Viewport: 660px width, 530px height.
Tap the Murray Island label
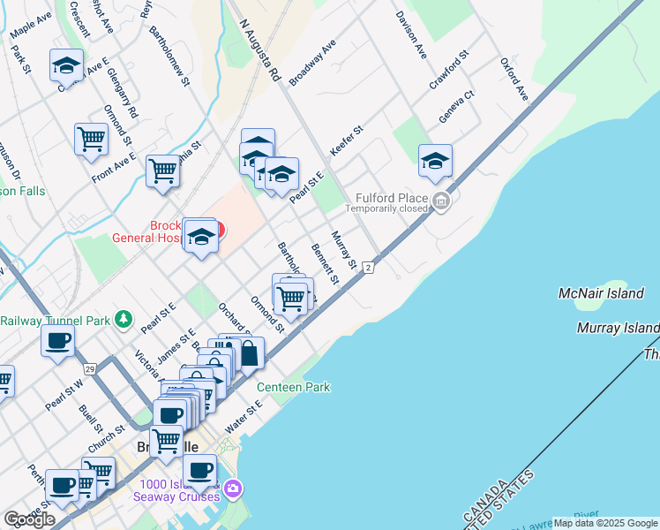(618, 329)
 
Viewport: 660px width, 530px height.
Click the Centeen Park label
(293, 387)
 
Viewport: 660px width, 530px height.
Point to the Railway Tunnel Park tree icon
(125, 319)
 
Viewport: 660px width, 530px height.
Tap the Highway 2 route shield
(368, 266)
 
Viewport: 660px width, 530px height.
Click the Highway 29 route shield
(90, 367)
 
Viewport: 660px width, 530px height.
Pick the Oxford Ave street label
(514, 79)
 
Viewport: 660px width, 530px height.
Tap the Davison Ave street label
(411, 35)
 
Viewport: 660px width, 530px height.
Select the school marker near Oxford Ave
(434, 160)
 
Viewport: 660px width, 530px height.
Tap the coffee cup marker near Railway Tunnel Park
(58, 340)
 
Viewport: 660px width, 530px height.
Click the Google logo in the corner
(29, 519)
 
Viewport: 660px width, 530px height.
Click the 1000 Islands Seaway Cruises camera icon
(233, 487)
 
